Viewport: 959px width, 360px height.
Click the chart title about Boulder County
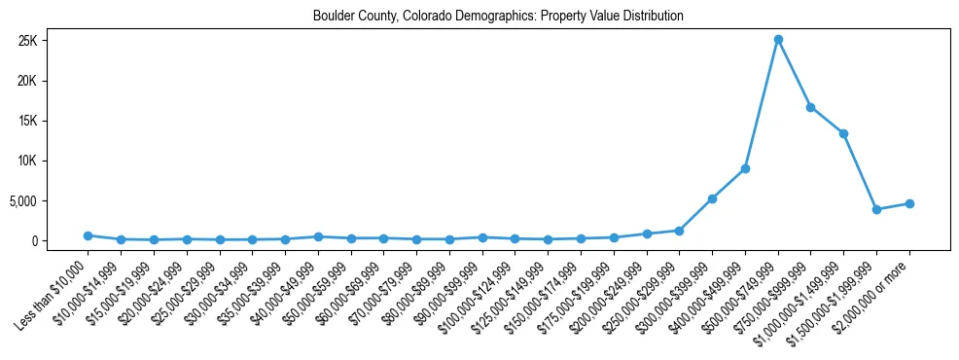click(498, 16)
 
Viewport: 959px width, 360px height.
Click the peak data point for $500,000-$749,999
click(778, 40)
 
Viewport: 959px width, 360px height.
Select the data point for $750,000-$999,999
click(811, 107)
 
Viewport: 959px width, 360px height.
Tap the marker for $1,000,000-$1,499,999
click(844, 133)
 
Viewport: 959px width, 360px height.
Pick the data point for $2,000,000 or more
click(909, 203)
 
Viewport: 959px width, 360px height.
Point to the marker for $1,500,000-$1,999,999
click(876, 209)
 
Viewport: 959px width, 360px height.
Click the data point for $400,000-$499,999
click(745, 168)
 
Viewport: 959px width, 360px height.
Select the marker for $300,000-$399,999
click(712, 198)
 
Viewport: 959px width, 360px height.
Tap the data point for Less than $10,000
click(88, 235)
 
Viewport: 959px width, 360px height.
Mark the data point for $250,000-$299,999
click(679, 231)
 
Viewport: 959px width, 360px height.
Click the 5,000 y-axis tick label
click(48, 201)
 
